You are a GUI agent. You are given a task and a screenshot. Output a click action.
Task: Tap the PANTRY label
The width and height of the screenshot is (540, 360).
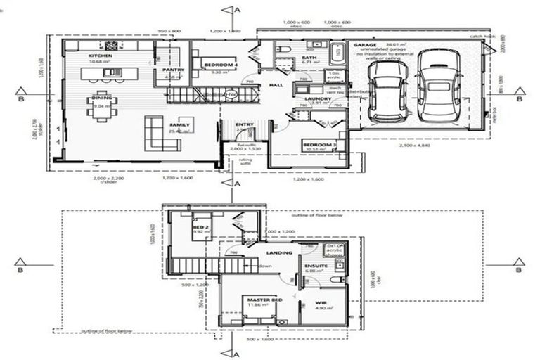pos(173,70)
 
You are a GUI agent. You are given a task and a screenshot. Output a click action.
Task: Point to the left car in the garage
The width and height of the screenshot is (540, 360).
pos(387,90)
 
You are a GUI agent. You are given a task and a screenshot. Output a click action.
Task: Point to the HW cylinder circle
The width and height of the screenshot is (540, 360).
pos(231,94)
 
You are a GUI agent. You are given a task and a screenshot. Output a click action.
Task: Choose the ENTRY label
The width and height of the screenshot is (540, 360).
pos(245,124)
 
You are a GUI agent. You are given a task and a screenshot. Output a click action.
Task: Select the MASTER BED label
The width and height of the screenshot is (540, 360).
pos(264,300)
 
